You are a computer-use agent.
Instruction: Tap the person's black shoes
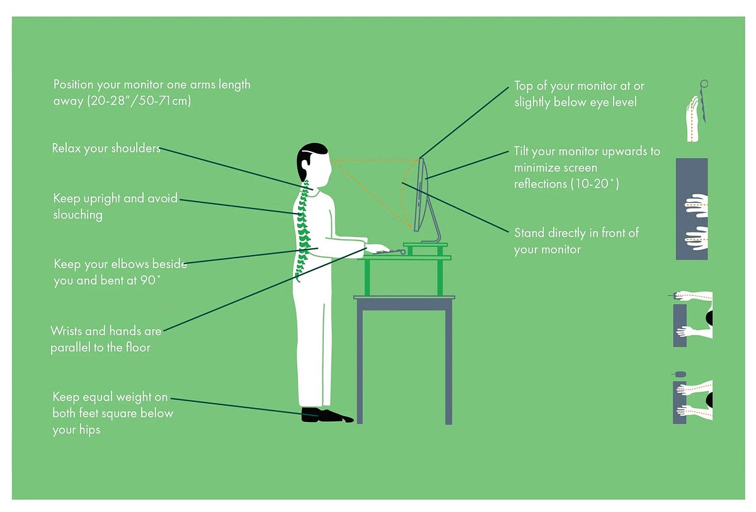(324, 415)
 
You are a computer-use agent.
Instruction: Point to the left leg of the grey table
(360, 365)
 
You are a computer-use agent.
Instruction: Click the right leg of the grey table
(449, 365)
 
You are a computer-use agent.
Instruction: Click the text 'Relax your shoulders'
(106, 149)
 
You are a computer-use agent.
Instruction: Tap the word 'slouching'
(78, 215)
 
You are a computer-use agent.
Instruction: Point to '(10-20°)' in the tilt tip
(595, 184)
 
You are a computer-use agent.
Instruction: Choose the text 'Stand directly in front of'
(576, 233)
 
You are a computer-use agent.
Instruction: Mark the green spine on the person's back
(304, 227)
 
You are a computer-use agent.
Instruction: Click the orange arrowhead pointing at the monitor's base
(410, 227)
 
